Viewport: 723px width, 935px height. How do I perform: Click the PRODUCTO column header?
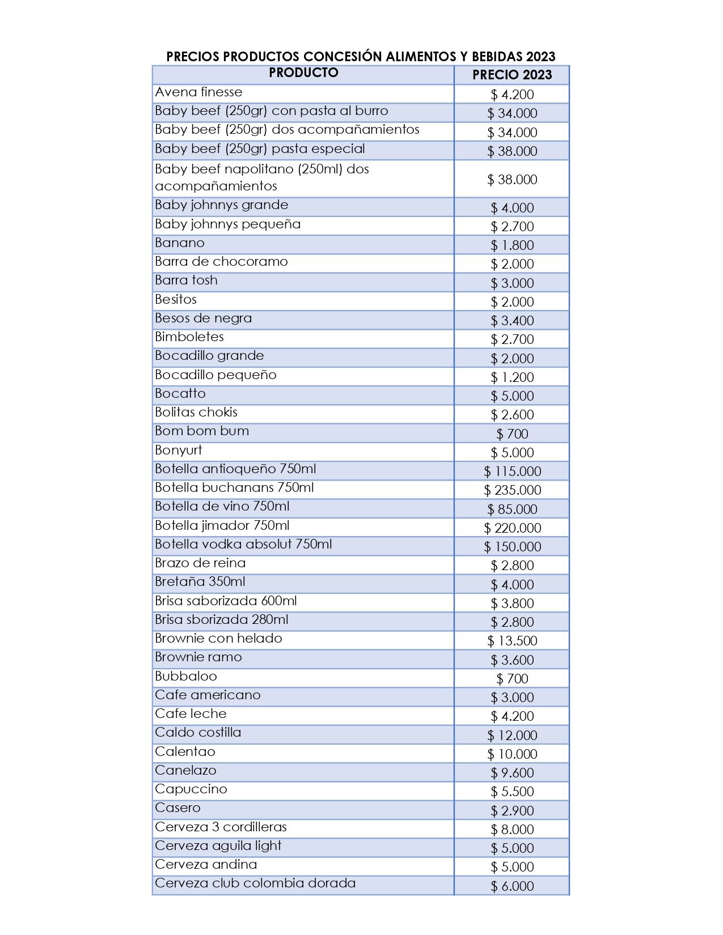tap(303, 73)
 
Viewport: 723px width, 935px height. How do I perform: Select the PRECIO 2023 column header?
tap(511, 75)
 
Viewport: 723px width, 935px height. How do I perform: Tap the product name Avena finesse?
tap(198, 92)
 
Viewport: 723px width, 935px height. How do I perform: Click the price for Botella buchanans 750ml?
tap(512, 490)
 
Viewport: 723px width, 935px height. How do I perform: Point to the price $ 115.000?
tap(512, 471)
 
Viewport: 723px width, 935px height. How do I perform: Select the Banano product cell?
tap(180, 243)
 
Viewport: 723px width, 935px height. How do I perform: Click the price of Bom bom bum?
tap(512, 433)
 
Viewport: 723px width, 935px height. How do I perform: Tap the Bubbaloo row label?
tap(186, 676)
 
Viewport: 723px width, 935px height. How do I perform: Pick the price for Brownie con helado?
tap(512, 640)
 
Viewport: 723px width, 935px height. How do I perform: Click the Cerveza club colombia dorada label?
tap(255, 883)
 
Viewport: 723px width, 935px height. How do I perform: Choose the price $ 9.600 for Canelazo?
tap(512, 772)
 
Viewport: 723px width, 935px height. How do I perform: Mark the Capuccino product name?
tap(191, 789)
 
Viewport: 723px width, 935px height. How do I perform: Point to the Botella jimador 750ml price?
tap(512, 528)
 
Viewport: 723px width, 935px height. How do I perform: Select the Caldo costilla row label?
tap(198, 732)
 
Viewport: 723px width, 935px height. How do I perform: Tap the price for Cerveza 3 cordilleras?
tap(512, 829)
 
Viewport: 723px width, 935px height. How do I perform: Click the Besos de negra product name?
tap(203, 318)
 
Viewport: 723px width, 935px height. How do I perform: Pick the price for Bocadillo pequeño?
tap(512, 377)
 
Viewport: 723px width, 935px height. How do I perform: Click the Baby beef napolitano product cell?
tap(261, 177)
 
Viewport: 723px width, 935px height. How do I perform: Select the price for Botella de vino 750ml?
tap(512, 509)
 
